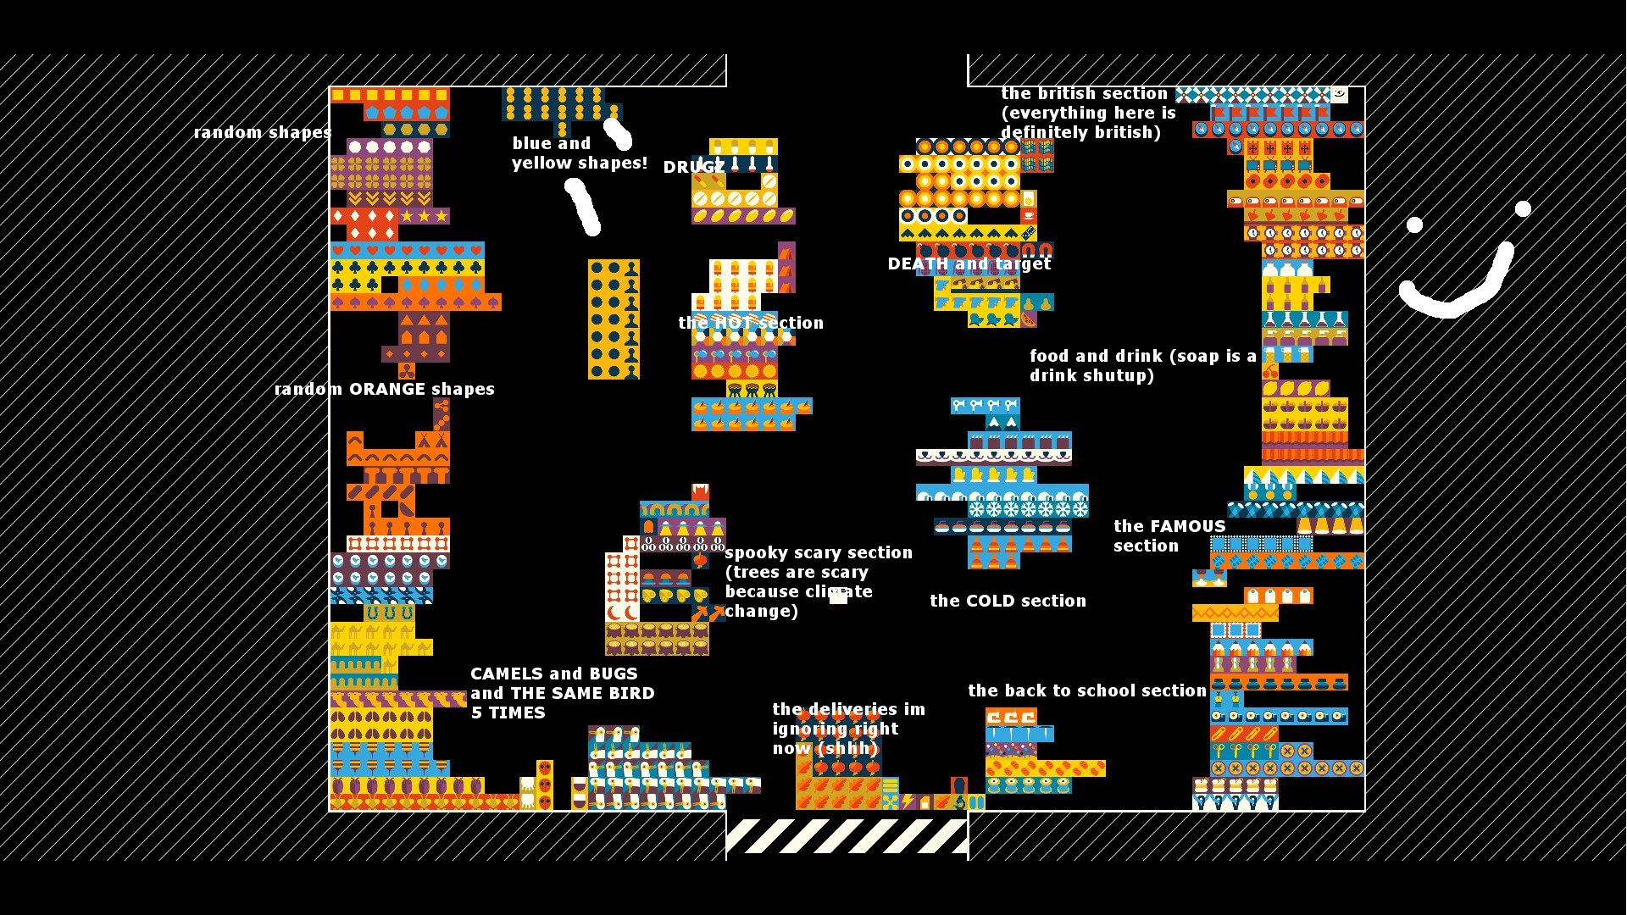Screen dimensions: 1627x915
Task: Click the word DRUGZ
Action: coord(693,168)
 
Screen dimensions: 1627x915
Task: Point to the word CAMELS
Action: coord(508,674)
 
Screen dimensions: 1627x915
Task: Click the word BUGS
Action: coord(614,674)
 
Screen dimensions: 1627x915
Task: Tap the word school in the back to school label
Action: coord(1134,690)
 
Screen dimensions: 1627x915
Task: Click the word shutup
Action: coord(1124,376)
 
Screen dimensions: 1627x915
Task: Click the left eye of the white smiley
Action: coord(1414,225)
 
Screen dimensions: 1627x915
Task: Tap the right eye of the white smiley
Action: coord(1523,208)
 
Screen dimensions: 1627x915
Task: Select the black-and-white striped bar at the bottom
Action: coord(847,835)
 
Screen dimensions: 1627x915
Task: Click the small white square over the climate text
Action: coord(838,596)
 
